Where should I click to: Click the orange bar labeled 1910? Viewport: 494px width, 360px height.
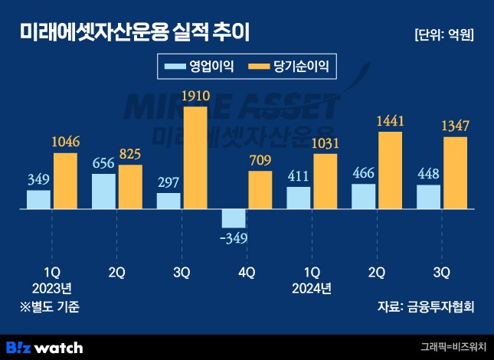195,157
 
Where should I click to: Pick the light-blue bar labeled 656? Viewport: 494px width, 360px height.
103,191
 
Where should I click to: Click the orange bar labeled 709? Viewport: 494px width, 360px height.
260,189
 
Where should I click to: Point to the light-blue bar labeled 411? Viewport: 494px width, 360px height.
298,197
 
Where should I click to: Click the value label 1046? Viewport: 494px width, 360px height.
65,142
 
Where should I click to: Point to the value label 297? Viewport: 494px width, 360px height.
168,182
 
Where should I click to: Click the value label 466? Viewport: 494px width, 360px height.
363,172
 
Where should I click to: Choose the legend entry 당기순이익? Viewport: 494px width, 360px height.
287,67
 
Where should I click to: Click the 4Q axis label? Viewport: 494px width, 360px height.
245,272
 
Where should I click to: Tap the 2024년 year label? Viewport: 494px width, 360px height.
310,289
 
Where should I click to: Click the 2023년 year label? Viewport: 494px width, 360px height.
51,289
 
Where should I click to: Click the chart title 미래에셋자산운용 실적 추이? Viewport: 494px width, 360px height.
133,33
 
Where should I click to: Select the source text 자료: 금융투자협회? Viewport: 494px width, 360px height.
426,307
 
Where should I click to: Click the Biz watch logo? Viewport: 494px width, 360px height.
44,347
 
